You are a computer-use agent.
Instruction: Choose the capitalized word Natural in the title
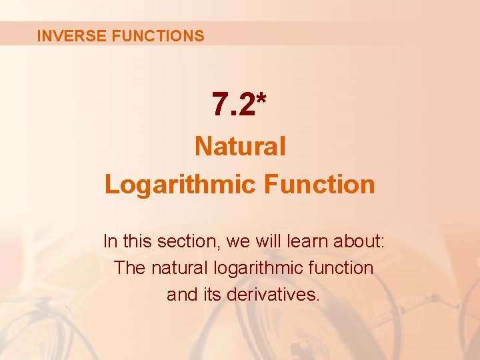(240, 146)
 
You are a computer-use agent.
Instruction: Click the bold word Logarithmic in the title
(180, 185)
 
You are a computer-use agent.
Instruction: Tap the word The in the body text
(129, 268)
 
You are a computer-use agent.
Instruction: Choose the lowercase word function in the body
(345, 268)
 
